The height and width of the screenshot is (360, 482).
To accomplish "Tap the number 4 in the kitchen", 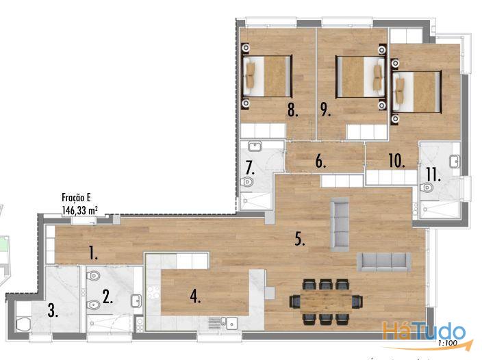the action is [195, 296].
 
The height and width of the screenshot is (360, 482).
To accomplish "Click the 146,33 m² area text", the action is [80, 210].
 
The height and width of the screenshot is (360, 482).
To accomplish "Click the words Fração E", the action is [76, 197].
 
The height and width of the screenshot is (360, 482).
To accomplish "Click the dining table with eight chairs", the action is [326, 302].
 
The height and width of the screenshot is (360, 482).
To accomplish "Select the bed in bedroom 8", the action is [267, 76].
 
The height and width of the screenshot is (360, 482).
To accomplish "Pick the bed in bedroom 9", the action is [360, 76].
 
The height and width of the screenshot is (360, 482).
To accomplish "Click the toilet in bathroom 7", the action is [247, 182].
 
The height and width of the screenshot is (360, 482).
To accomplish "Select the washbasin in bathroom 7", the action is [255, 146].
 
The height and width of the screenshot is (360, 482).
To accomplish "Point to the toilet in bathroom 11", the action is [427, 187].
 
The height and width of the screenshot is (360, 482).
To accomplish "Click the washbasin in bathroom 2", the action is [136, 300].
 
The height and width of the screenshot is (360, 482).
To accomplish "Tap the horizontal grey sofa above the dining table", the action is [384, 261].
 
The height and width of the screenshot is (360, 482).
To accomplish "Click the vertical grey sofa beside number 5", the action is [340, 224].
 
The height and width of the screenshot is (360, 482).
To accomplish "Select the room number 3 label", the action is [53, 311].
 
